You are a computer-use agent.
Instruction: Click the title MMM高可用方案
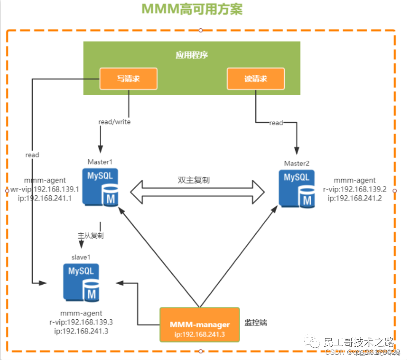click(192, 10)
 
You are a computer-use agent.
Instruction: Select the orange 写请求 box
click(128, 79)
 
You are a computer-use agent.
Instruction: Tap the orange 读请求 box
click(256, 79)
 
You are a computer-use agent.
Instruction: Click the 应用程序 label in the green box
click(192, 55)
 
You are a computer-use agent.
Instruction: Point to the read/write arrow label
click(114, 122)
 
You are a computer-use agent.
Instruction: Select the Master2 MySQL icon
click(297, 189)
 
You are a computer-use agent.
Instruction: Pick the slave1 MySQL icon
click(81, 283)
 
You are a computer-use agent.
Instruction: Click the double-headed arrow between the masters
click(197, 192)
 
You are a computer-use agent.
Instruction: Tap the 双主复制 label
click(193, 181)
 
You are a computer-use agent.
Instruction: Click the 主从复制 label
click(91, 236)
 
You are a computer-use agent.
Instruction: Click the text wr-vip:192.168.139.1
click(44, 189)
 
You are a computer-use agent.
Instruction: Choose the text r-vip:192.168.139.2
click(355, 189)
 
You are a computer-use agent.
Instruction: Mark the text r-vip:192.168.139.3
click(81, 322)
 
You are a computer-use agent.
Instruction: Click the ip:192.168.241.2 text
click(355, 198)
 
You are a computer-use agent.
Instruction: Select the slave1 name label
click(81, 257)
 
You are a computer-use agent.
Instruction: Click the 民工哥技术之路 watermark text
click(359, 342)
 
